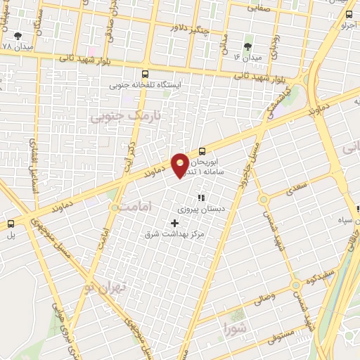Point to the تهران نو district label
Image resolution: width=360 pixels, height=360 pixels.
click(106, 287)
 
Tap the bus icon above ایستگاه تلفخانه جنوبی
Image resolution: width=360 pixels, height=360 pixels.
click(146, 74)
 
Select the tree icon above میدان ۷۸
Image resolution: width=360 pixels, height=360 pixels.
click(17, 34)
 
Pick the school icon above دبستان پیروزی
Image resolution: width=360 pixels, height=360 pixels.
click(202, 198)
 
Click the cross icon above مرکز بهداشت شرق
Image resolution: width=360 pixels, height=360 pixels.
click(175, 223)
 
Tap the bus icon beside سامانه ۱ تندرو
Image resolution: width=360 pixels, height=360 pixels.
click(202, 150)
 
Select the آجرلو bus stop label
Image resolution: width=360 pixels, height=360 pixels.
click(347, 26)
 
